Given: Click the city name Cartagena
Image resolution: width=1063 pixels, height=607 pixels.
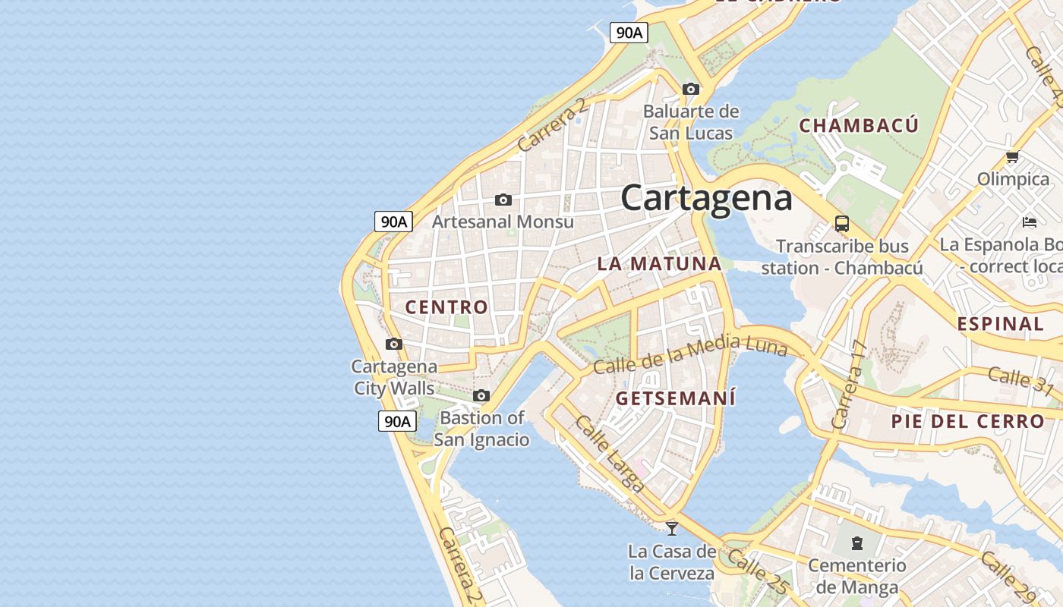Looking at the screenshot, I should (x=706, y=198).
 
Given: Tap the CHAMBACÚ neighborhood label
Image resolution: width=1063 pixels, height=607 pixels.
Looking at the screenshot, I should (x=859, y=126).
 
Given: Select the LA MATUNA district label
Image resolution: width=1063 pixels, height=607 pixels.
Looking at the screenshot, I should (x=659, y=264).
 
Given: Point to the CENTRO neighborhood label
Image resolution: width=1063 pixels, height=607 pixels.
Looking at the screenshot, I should (x=446, y=307).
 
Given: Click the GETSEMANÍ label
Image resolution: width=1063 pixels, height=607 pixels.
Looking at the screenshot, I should (x=676, y=398).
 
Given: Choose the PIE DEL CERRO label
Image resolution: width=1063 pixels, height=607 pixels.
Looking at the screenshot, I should (x=968, y=421).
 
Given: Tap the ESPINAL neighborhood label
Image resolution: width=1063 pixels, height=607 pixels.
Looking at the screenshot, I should (x=1000, y=324).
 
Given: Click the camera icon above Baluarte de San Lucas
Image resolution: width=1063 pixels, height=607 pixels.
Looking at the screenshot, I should (x=691, y=89).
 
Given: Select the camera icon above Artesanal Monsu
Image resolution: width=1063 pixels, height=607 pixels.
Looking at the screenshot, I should (x=503, y=200).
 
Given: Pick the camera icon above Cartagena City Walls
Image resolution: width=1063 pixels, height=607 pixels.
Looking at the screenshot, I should (x=393, y=344).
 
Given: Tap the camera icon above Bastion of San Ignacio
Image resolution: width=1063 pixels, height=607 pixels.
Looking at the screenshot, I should (x=481, y=395).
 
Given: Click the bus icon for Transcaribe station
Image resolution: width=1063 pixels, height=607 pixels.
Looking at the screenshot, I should (x=841, y=224).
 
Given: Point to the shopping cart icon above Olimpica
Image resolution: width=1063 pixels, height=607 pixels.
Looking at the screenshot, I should (x=1012, y=157).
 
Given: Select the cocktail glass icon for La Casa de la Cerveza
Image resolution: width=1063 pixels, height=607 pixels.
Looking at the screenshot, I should (x=672, y=528).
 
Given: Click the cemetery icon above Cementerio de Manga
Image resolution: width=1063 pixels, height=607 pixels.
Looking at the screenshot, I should (x=857, y=543).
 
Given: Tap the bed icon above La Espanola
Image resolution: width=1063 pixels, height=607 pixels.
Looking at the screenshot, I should (x=1030, y=222).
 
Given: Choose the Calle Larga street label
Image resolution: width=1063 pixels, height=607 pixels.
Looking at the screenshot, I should (x=610, y=454).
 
